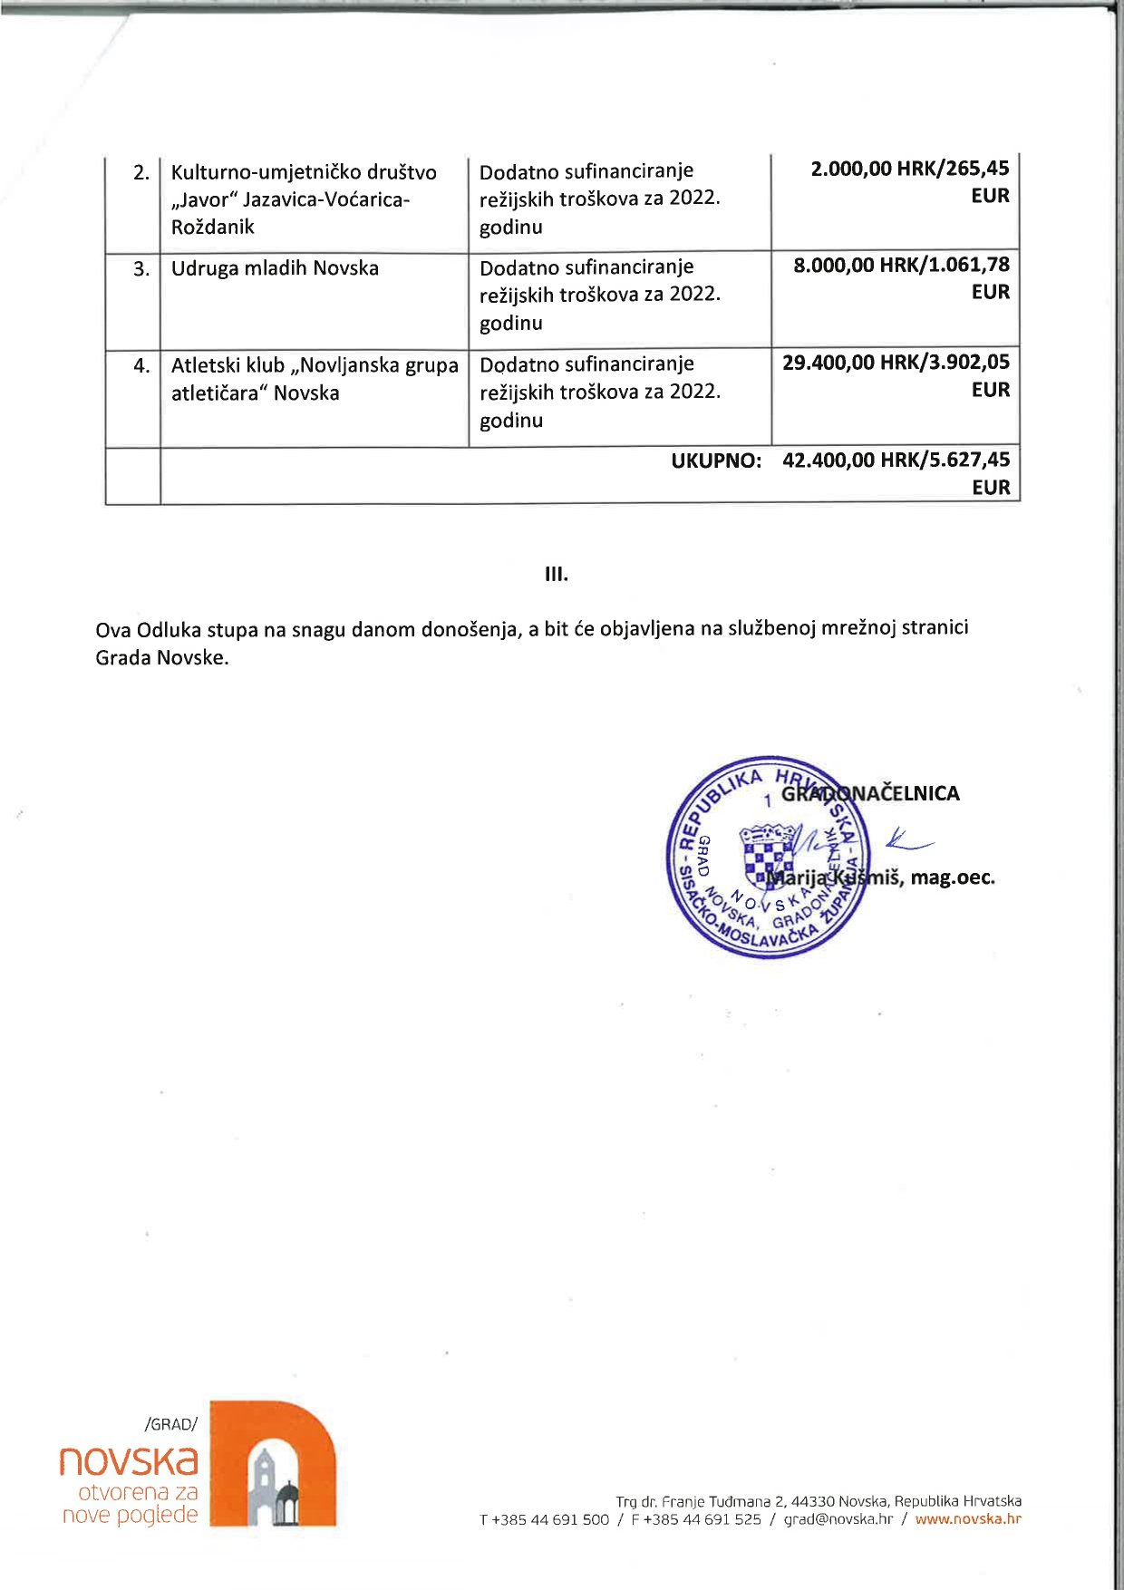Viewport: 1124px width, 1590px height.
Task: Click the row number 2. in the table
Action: [x=141, y=172]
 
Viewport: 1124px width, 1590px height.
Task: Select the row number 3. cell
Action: [x=141, y=269]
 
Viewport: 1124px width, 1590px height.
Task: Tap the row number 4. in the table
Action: [x=141, y=366]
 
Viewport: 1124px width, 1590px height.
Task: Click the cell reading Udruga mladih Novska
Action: [x=275, y=268]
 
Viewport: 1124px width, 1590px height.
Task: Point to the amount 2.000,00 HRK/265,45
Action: [x=909, y=169]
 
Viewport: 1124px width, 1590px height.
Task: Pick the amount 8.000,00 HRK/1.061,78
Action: [x=901, y=265]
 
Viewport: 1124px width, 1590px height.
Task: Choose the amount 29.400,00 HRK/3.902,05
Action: [x=896, y=363]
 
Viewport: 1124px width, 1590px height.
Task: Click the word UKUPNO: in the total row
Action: [x=716, y=461]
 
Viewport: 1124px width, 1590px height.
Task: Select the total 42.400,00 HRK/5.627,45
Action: [x=896, y=461]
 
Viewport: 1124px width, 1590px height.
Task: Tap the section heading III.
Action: [x=557, y=574]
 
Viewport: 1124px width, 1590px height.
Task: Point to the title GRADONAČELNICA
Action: [x=870, y=794]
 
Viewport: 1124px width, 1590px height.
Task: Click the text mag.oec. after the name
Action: [x=953, y=877]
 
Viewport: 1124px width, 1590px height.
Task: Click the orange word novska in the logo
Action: [x=129, y=1460]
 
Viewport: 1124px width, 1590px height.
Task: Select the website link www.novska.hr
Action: [x=968, y=1519]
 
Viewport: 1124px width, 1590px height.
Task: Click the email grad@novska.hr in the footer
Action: [x=838, y=1519]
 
